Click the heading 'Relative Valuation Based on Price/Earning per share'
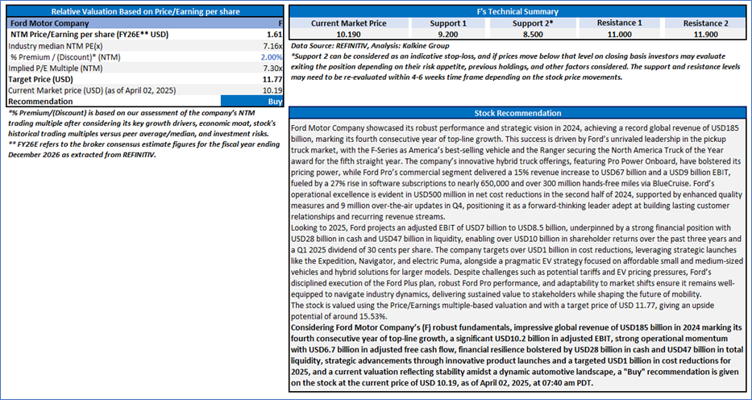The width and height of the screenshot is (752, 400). (x=142, y=12)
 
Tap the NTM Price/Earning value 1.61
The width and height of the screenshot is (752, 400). (x=273, y=35)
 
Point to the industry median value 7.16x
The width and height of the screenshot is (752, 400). (x=272, y=47)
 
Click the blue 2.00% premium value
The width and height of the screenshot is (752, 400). (x=272, y=58)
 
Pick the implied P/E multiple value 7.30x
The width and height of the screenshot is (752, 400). (x=272, y=69)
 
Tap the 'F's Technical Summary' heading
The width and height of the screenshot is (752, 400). (x=517, y=12)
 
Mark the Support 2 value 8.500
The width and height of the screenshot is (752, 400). (x=517, y=35)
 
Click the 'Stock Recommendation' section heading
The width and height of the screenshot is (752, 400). (x=517, y=114)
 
